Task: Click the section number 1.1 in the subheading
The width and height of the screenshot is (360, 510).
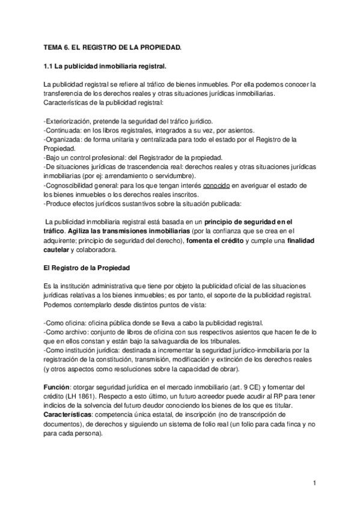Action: click(49, 65)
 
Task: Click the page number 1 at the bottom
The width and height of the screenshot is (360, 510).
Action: click(314, 483)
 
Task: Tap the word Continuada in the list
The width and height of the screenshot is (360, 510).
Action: click(63, 129)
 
